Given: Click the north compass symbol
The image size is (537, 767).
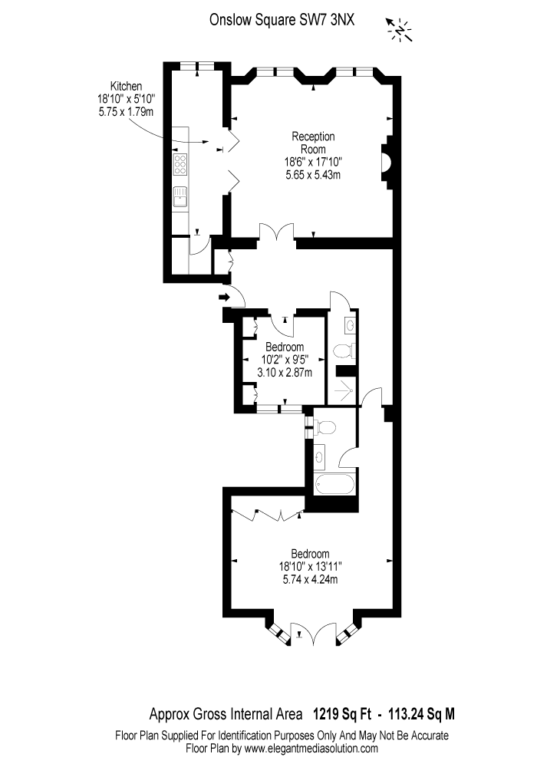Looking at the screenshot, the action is [x=400, y=30].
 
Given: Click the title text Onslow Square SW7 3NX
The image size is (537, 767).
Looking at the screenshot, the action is [x=282, y=20].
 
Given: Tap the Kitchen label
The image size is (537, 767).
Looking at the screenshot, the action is [x=126, y=86].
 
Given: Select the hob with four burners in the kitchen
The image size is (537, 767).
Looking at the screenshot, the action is [x=180, y=164].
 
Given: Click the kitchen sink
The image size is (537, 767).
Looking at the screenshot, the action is [x=180, y=197].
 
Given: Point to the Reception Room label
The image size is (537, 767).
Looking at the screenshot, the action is [x=313, y=143].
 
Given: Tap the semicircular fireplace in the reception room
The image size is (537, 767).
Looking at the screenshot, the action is [x=386, y=162].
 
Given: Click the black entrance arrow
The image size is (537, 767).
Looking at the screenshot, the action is [x=225, y=296].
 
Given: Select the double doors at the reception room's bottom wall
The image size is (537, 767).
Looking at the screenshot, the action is [x=277, y=232].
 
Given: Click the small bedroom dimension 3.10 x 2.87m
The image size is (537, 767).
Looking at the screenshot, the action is [x=285, y=372].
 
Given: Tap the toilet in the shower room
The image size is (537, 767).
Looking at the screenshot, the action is [x=342, y=351].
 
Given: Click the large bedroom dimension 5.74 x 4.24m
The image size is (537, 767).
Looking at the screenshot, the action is [x=310, y=580].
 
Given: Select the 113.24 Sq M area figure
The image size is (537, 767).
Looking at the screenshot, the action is [x=421, y=715].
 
